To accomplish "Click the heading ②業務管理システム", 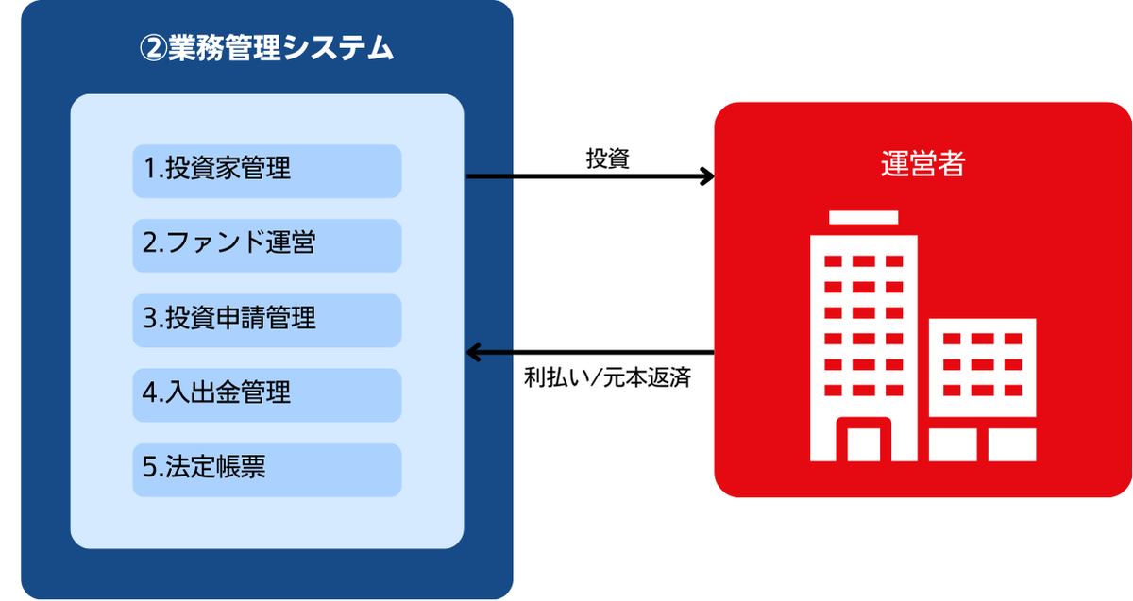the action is (266, 48).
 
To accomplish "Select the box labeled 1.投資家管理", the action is (267, 172).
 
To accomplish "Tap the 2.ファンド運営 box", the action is (267, 245).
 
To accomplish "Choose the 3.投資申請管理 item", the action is (267, 321).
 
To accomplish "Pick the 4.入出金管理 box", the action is (267, 395).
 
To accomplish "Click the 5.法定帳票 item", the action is (267, 470).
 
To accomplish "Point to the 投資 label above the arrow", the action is (607, 159).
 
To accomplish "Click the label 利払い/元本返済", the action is (607, 377).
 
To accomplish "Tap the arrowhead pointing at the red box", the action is (708, 176).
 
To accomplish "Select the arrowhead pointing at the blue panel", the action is (472, 352).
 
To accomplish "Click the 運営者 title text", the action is (922, 163).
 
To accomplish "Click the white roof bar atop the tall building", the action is (863, 217).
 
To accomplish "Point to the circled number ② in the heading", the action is (153, 48).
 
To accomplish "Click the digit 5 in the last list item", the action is (149, 466).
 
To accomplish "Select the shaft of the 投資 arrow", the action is (586, 176).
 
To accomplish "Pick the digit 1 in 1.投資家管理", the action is (150, 168).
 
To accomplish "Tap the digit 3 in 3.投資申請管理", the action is (149, 317).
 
